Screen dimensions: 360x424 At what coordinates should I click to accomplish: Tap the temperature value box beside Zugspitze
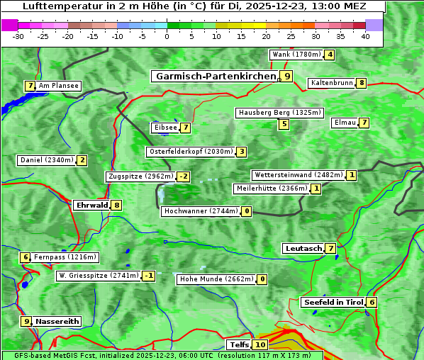coord(184,176)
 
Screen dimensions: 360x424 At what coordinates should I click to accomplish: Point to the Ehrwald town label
coord(91,206)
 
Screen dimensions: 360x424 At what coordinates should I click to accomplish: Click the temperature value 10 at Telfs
coord(260,345)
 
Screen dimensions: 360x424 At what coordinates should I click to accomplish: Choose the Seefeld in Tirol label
coord(333,302)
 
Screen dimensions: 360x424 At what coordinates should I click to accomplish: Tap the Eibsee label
coord(164,128)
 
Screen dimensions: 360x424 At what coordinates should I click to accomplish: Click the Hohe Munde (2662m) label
coord(216,279)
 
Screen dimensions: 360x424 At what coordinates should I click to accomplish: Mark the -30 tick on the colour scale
coord(18,36)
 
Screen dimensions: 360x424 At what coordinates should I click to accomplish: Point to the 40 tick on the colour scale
coord(365,36)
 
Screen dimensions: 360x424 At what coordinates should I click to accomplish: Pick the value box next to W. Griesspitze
coord(148,276)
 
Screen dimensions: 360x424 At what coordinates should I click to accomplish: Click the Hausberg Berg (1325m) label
coord(279,113)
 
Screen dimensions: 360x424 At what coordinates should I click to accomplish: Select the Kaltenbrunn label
coord(331,83)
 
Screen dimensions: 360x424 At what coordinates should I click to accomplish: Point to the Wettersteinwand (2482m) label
coord(298,175)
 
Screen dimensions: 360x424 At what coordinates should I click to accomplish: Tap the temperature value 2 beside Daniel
coord(82,160)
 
